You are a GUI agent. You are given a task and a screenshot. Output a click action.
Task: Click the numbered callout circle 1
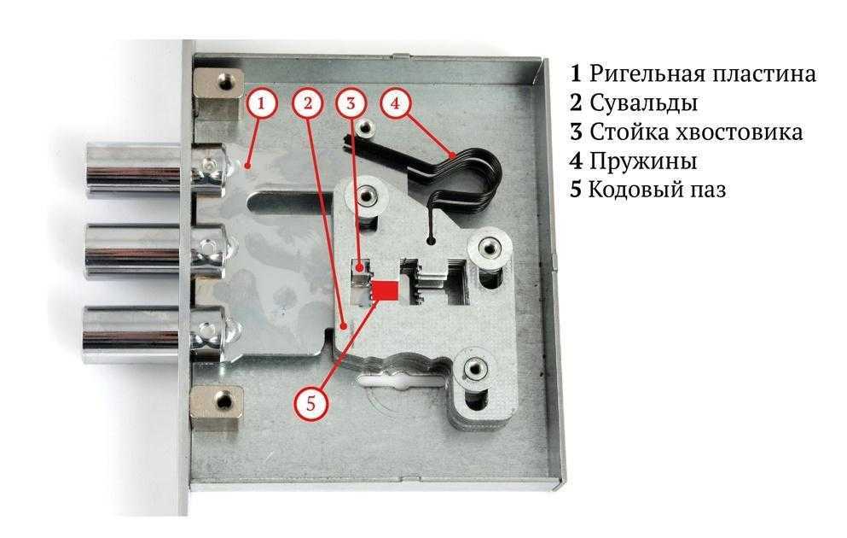pyautogui.click(x=262, y=103)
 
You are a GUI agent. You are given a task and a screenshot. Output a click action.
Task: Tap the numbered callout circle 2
pyautogui.click(x=308, y=103)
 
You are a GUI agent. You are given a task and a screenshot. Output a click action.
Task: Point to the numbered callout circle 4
pyautogui.click(x=396, y=103)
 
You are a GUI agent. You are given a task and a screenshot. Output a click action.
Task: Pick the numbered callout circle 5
pyautogui.click(x=310, y=403)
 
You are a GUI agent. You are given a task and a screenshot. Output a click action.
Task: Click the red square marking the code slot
pyautogui.click(x=386, y=290)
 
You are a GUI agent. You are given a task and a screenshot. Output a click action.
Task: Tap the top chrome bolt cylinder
pyautogui.click(x=133, y=170)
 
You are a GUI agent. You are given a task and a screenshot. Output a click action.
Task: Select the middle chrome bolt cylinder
pyautogui.click(x=133, y=251)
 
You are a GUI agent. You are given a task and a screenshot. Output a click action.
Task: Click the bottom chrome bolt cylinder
pyautogui.click(x=131, y=334)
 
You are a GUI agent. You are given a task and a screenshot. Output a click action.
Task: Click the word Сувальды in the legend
pyautogui.click(x=643, y=102)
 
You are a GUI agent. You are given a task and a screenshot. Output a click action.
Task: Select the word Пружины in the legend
pyautogui.click(x=643, y=161)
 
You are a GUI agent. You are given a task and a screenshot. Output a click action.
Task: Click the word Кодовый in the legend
pyautogui.click(x=629, y=190)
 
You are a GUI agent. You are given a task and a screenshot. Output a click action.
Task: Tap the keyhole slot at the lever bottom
pyautogui.click(x=403, y=381)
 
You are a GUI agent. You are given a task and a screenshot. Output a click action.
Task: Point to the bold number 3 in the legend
pyautogui.click(x=577, y=132)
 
